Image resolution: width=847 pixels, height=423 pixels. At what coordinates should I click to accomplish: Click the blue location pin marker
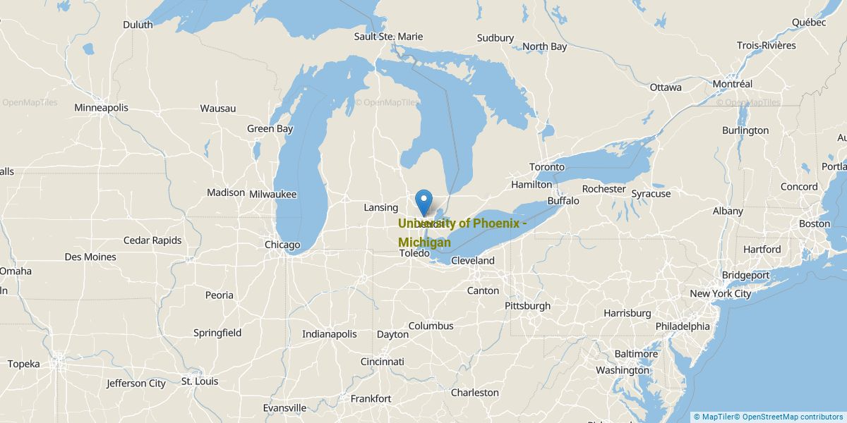tap(424, 202)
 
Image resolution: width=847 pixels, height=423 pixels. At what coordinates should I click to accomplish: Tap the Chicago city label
tap(282, 245)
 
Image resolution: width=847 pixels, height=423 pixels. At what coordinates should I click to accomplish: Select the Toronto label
tap(547, 167)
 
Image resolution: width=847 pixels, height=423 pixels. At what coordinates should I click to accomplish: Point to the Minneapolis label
tap(101, 108)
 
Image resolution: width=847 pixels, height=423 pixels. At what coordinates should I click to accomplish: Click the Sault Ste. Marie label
tap(388, 36)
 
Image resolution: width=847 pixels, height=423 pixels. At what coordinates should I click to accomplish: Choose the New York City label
tap(720, 293)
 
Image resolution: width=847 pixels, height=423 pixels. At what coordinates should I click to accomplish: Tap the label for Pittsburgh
tap(527, 306)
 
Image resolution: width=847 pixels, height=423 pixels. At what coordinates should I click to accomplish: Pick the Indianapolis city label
tap(330, 334)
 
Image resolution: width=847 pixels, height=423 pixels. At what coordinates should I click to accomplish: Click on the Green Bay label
tap(270, 128)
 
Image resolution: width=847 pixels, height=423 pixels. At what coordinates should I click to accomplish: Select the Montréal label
tap(732, 83)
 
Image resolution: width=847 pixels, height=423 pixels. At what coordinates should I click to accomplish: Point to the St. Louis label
tap(200, 381)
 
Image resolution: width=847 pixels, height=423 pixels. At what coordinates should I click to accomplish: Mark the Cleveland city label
tap(473, 260)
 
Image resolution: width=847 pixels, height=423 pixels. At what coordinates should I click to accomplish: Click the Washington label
tap(622, 370)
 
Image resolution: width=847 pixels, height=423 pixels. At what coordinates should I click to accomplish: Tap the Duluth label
tap(138, 25)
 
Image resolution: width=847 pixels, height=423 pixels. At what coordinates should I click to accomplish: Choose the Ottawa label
tap(666, 87)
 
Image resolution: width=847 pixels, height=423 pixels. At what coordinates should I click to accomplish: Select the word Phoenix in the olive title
tap(493, 223)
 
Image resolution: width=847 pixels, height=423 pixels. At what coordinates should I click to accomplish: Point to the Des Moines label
tap(90, 257)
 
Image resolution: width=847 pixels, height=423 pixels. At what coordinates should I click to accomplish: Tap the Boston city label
tap(815, 223)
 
